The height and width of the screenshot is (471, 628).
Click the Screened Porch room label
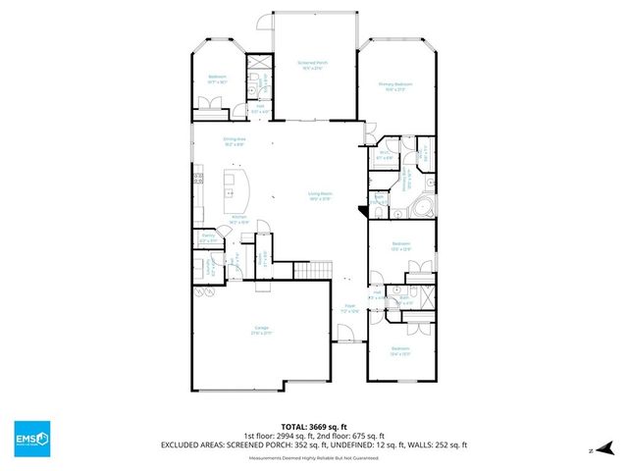pos(312,64)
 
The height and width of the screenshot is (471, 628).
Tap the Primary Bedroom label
pos(395,85)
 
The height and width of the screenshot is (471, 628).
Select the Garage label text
pos(262,329)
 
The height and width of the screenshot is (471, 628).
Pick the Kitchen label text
pos(237,219)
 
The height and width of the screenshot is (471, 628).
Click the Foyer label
pos(349,306)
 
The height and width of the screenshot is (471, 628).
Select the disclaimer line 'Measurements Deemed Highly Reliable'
pos(313,457)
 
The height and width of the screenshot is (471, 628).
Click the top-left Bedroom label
pos(218,78)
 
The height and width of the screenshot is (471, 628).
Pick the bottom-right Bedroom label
pos(399,350)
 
